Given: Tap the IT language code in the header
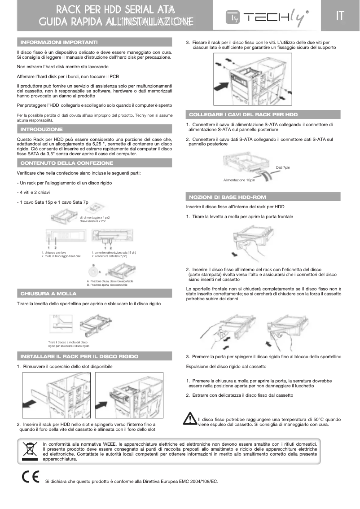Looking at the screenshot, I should click(x=340, y=16).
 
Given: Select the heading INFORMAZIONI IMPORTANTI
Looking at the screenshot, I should click(x=59, y=42).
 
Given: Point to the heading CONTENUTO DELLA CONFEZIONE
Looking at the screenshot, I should click(x=67, y=163).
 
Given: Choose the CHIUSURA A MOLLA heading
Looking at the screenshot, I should click(x=48, y=294).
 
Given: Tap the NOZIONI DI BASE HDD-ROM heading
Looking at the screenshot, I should click(x=228, y=197).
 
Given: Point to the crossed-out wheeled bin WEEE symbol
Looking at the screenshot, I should click(x=30, y=451).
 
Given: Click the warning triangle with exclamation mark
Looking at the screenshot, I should click(x=190, y=419).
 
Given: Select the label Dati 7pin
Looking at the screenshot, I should click(x=283, y=167).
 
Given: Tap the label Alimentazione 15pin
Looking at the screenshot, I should click(x=239, y=180).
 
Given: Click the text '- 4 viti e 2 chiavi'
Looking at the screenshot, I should click(x=34, y=193).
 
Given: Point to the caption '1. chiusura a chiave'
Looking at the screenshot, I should click(x=54, y=253).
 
